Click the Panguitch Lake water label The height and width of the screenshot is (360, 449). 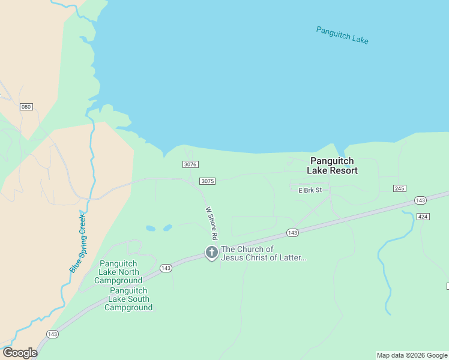342,35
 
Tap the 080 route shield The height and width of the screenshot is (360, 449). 26,107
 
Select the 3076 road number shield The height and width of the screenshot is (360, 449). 190,164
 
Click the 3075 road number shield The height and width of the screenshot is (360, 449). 207,181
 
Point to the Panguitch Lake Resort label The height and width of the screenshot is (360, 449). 332,166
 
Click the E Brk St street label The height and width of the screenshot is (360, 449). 310,190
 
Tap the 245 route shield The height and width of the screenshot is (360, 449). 400,188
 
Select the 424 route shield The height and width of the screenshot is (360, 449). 423,216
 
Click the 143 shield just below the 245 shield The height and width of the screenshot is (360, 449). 420,200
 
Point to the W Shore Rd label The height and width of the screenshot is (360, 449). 211,221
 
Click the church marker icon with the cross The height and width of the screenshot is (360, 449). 211,253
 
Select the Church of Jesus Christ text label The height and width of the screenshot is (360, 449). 264,253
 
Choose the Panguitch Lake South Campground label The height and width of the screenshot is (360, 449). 128,299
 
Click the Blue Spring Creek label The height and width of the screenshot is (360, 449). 78,242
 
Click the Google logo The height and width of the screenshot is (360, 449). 19,353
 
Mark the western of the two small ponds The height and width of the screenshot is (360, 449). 150,228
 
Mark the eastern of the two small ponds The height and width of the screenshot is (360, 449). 167,227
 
